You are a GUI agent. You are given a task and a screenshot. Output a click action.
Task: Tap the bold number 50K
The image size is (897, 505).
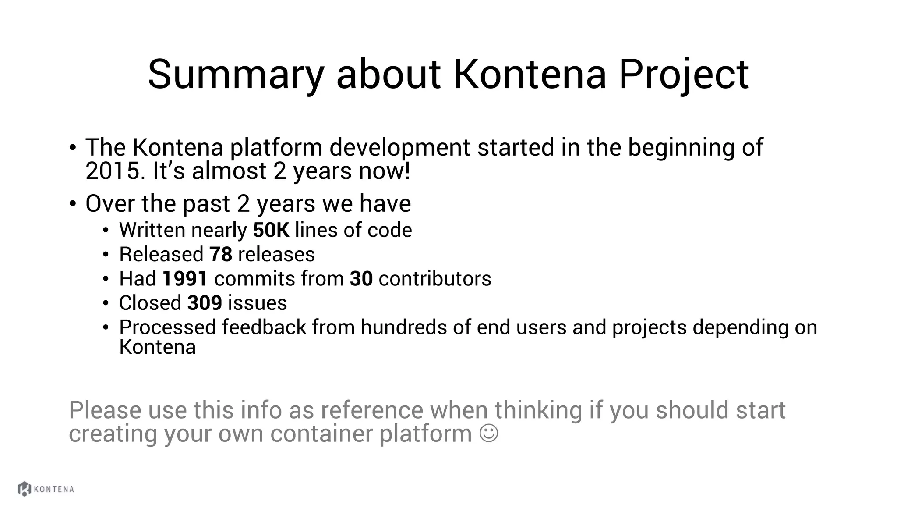(x=271, y=230)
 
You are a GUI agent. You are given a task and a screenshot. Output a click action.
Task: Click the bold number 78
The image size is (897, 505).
(x=221, y=255)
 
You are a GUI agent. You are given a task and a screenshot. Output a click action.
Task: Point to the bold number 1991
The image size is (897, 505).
(x=185, y=279)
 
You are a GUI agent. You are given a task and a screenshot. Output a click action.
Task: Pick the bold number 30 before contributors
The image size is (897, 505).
(x=361, y=279)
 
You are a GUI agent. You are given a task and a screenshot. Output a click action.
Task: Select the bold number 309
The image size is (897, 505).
(x=205, y=303)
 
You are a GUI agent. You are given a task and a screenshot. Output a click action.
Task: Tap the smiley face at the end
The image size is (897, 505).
(x=489, y=433)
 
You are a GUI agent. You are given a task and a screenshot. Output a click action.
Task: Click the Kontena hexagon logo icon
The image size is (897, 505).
(x=25, y=489)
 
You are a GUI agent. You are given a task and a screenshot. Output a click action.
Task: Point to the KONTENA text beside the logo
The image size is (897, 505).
(x=54, y=489)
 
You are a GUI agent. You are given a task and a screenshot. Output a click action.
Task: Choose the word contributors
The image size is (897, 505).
(x=435, y=279)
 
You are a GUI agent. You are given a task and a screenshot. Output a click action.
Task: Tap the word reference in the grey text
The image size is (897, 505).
(x=372, y=410)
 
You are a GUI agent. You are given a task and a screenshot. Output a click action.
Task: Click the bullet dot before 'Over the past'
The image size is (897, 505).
(x=73, y=204)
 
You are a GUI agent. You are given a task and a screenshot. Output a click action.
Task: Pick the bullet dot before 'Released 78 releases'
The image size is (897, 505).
(x=106, y=255)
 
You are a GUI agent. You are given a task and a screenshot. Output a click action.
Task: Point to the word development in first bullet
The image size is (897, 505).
(x=399, y=147)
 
